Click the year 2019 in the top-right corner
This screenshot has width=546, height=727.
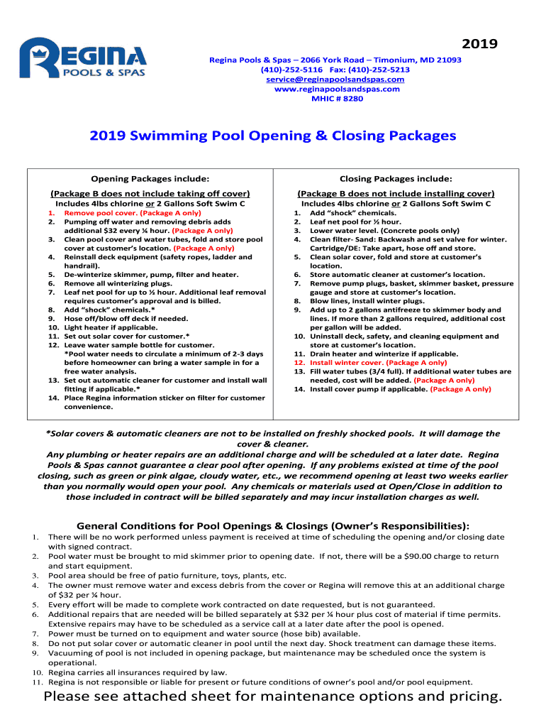pos(479,44)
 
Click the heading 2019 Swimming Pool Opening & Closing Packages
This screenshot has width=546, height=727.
pos(272,136)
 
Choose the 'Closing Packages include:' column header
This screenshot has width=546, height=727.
pos(396,178)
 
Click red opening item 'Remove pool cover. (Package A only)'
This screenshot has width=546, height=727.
pos(133,213)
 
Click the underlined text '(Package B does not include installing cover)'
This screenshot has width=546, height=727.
pos(396,193)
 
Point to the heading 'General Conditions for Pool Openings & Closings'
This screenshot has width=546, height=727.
pos(272,526)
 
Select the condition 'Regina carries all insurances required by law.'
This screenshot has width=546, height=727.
pos(138,672)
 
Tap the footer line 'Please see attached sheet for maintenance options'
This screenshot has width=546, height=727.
pos(272,696)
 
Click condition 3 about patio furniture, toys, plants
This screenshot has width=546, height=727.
pos(167,576)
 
